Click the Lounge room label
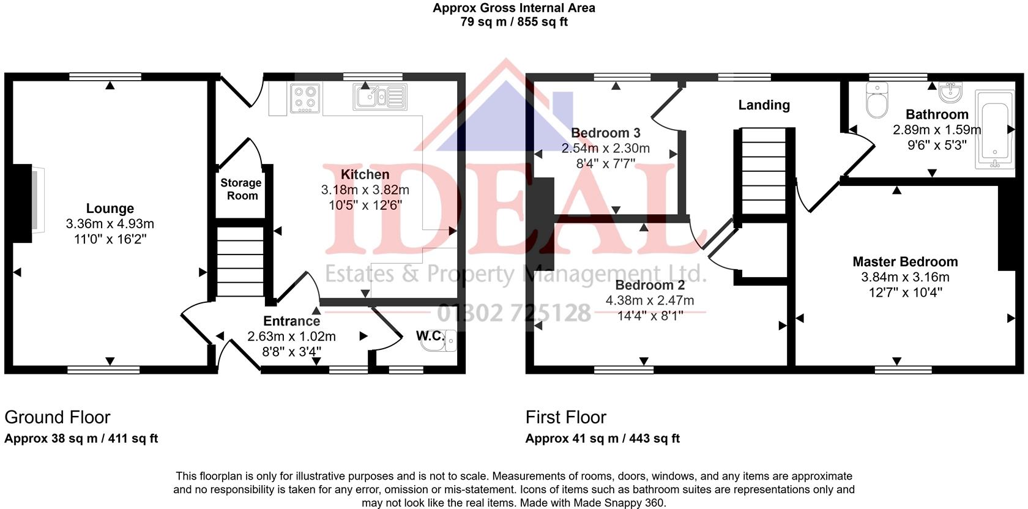pyautogui.click(x=110, y=209)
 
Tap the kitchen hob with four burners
pyautogui.click(x=305, y=98)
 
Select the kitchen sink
pyautogui.click(x=380, y=97)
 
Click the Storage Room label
pyautogui.click(x=241, y=189)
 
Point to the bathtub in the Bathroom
pyautogui.click(x=994, y=130)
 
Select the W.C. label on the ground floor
pyautogui.click(x=431, y=336)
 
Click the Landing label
pyautogui.click(x=764, y=105)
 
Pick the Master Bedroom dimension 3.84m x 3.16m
pyautogui.click(x=905, y=277)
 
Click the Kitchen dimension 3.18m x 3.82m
pyautogui.click(x=365, y=190)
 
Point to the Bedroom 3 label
pyautogui.click(x=606, y=133)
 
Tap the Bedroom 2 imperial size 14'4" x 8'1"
pyautogui.click(x=650, y=316)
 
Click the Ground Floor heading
pyautogui.click(x=58, y=417)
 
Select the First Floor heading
pyautogui.click(x=566, y=417)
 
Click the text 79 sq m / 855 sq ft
pyautogui.click(x=514, y=21)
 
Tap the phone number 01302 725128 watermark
pyautogui.click(x=514, y=313)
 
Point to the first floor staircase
pyautogui.click(x=764, y=171)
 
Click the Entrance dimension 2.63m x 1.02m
pyautogui.click(x=291, y=336)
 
